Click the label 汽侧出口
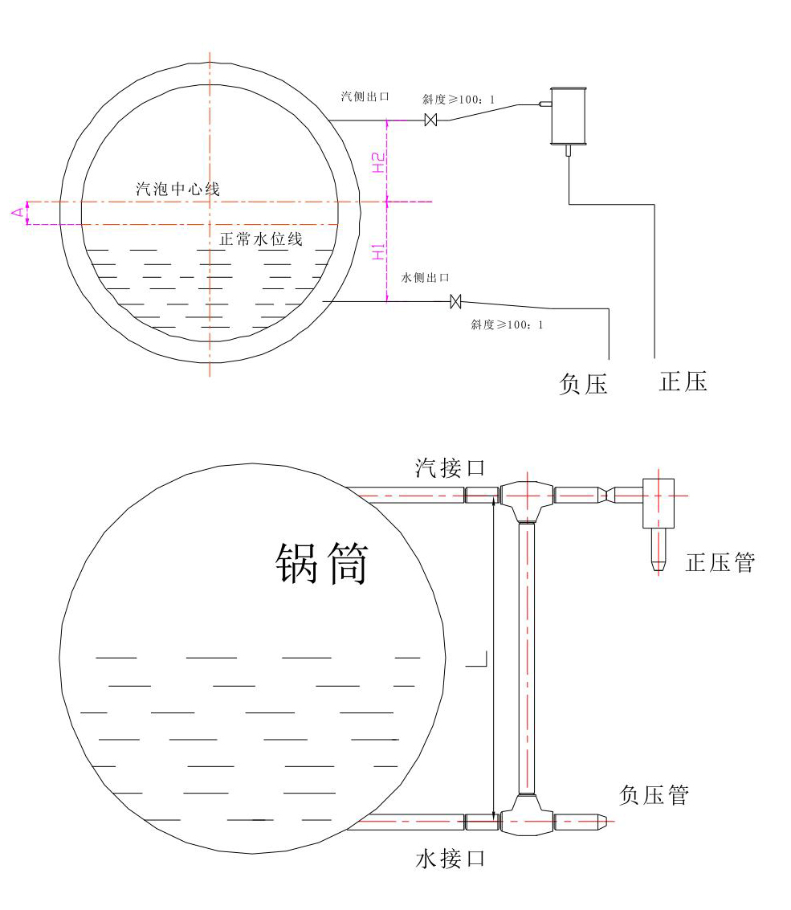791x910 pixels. point(365,96)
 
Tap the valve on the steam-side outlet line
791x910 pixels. point(430,120)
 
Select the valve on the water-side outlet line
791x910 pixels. point(456,301)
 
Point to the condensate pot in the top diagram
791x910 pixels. point(569,116)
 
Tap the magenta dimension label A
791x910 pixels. point(15,212)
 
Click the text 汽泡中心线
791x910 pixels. point(177,190)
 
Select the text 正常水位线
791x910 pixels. point(261,239)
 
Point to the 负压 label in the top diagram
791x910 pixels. point(583,384)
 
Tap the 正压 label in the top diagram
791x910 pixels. point(683,381)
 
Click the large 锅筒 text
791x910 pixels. point(322,564)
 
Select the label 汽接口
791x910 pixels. point(451,467)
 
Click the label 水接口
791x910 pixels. point(451,859)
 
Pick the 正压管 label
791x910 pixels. point(720,562)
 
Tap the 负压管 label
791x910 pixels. point(654,795)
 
